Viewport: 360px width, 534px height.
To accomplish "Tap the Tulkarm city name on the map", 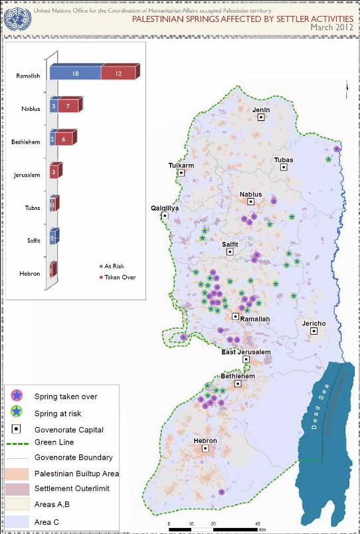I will (181, 165).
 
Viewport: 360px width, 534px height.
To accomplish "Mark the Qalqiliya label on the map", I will (165, 207).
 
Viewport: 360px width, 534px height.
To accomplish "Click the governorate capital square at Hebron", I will (205, 448).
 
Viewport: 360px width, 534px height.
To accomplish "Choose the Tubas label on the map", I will (284, 159).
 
